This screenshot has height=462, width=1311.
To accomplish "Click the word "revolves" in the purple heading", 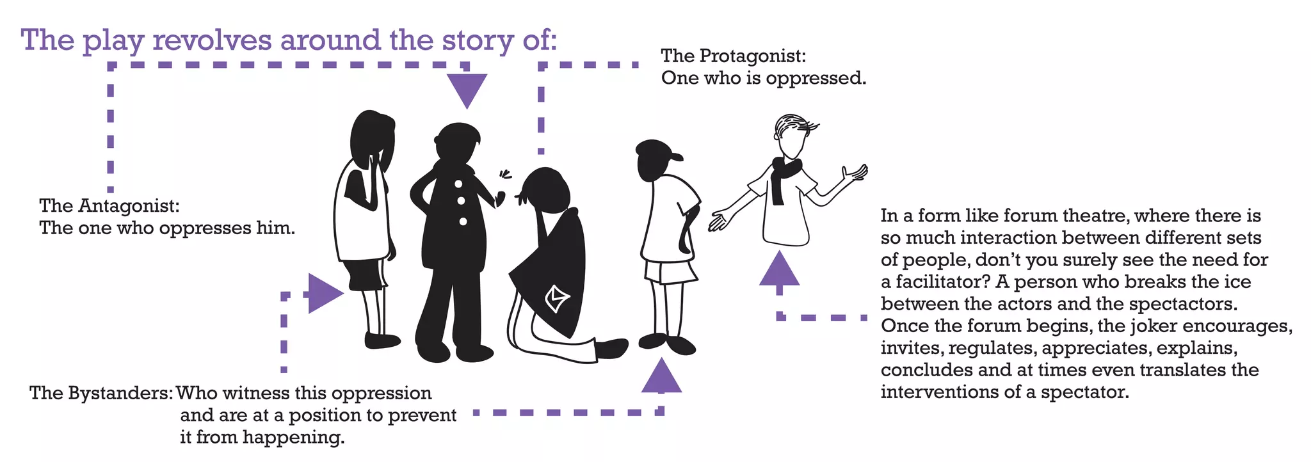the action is click(x=212, y=40).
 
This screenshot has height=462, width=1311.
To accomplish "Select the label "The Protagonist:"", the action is click(x=734, y=56).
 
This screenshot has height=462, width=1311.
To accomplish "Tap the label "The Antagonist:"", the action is click(x=109, y=206).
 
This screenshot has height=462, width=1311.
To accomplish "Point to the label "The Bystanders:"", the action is click(x=102, y=393).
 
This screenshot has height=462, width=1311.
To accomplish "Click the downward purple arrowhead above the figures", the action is click(x=467, y=90).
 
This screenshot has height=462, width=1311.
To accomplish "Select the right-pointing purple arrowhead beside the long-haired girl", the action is click(x=325, y=293).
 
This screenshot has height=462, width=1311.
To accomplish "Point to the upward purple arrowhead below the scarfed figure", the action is click(x=779, y=269).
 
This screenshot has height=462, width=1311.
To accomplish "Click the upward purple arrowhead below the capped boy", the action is click(x=661, y=375).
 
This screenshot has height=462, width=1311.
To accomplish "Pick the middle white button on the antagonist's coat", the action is click(x=462, y=202).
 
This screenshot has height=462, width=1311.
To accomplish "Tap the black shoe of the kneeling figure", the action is click(x=612, y=349).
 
